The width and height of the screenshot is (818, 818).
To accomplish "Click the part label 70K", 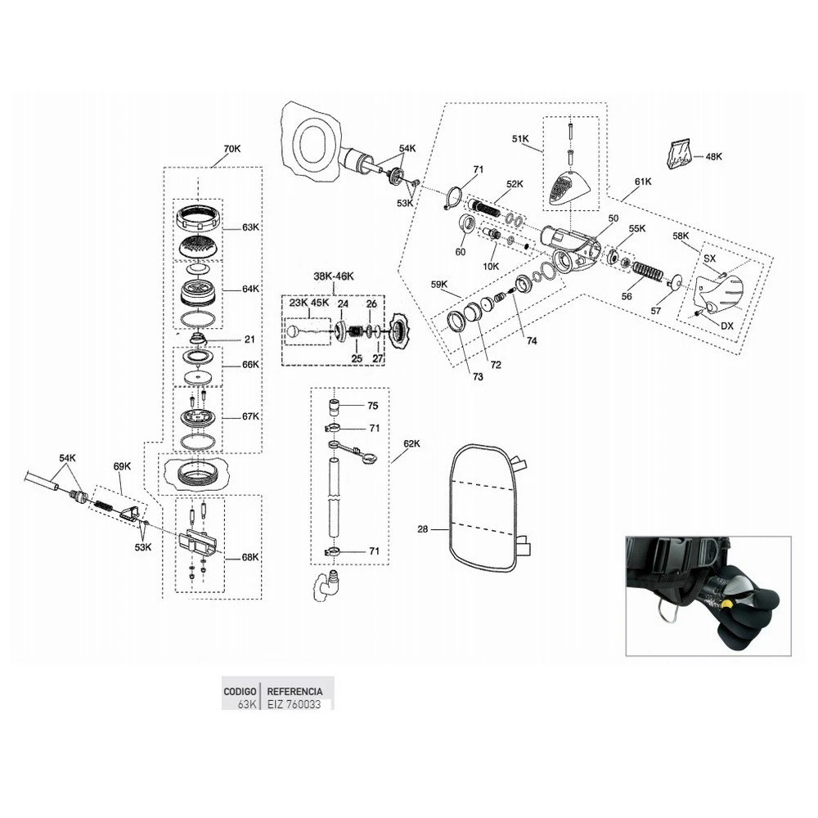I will pos(232,149).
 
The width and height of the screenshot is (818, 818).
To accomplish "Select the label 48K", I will pos(713,155).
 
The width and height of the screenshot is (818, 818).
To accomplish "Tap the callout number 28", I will pos(422,529).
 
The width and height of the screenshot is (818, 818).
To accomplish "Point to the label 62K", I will pos(411,443).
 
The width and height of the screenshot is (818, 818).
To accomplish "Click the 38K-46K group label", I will pos(334,276).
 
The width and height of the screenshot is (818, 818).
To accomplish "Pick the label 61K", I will pos(642,182).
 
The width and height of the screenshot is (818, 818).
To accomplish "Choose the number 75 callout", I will pos(372,406).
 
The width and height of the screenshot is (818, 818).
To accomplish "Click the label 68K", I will pos(249,557).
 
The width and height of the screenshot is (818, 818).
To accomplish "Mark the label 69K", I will pos(122,466).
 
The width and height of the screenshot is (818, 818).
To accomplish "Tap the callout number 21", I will pos(249,339).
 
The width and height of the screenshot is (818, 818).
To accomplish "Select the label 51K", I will pos(521,139).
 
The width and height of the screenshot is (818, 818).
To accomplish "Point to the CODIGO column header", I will pos(240,691).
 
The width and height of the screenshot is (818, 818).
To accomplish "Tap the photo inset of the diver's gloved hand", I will pos(708,596).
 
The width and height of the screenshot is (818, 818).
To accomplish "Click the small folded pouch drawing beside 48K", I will pos(679,155).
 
